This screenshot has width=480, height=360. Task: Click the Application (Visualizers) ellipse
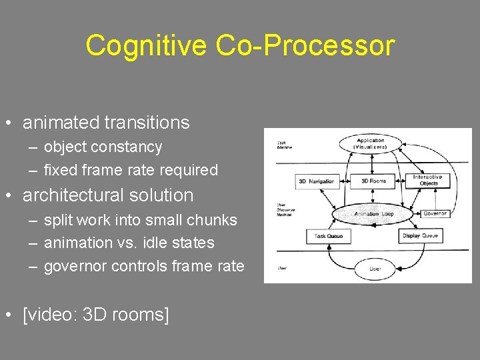click(371, 143)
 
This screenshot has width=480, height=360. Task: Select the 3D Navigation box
click(316, 181)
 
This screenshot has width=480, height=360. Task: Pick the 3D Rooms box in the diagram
click(373, 181)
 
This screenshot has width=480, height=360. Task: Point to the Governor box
click(435, 213)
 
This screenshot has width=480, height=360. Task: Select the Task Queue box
click(327, 235)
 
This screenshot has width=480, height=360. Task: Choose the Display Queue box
click(421, 235)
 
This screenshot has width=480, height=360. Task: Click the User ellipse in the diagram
click(376, 269)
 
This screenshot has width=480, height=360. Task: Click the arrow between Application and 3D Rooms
click(372, 164)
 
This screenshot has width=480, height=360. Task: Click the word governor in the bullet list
click(75, 266)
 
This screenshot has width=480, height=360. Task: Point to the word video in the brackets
click(51, 314)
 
